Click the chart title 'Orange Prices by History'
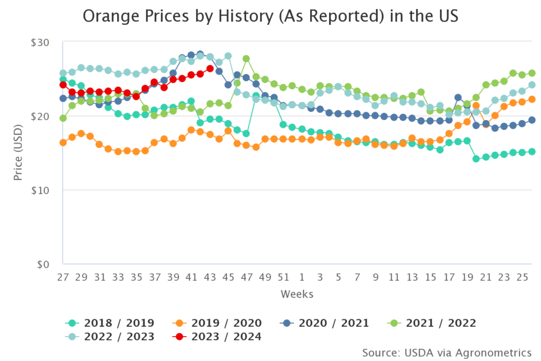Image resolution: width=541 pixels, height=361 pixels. [270, 17]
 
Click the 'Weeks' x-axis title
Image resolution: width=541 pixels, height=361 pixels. [297, 294]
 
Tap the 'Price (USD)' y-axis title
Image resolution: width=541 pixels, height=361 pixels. [18, 153]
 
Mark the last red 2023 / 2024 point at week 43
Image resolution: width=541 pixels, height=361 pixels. [210, 69]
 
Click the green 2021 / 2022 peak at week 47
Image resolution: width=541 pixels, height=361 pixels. [246, 59]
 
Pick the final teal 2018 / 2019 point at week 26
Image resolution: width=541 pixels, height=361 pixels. [532, 152]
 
